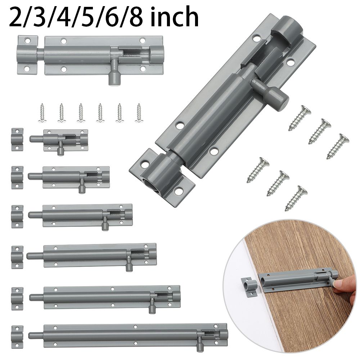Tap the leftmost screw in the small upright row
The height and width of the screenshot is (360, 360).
click(x=42, y=113)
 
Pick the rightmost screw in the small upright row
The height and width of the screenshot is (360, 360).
click(x=139, y=113)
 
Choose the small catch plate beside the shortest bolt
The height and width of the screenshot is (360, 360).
click(x=17, y=139)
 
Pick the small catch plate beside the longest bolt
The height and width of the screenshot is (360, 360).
click(x=17, y=337)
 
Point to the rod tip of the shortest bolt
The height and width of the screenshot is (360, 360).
click(x=34, y=139)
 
